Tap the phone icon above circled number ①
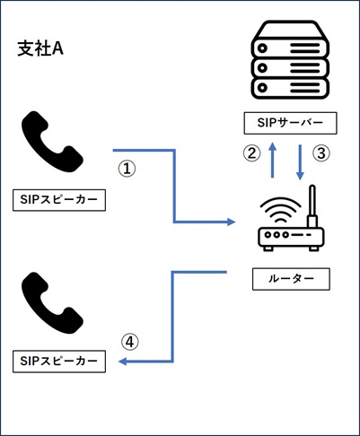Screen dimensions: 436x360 [54, 142]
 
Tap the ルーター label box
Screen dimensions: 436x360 [291, 279]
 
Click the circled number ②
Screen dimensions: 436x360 [251, 153]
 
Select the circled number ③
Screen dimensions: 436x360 [320, 153]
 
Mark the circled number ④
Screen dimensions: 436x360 [130, 342]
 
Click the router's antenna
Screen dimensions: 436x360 [312, 206]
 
